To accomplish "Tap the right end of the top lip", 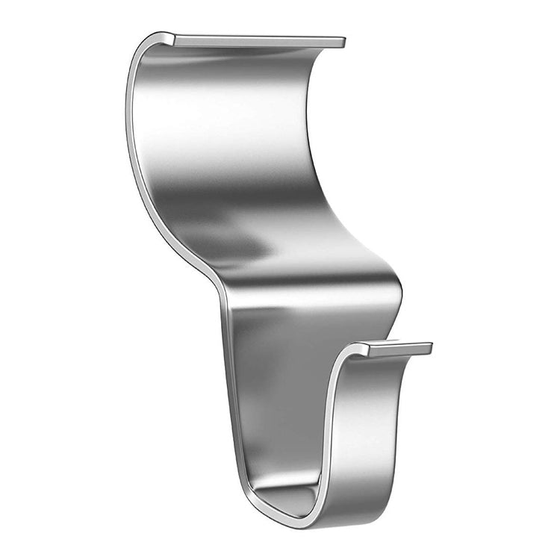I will (x=343, y=42).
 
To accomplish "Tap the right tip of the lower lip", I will (x=429, y=348).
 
